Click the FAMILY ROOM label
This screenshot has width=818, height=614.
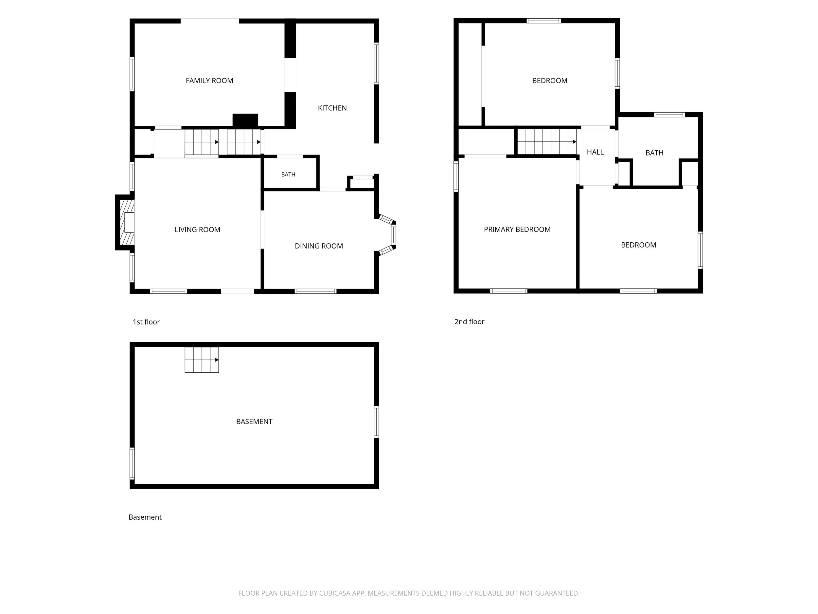tap(209, 81)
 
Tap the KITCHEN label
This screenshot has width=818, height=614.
tap(332, 108)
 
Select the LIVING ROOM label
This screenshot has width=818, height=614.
tap(198, 230)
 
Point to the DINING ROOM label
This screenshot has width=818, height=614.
tap(319, 246)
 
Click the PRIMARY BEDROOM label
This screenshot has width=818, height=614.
tap(517, 230)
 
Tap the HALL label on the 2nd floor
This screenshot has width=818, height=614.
tap(595, 152)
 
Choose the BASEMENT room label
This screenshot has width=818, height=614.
tap(254, 421)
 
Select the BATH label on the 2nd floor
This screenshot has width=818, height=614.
tap(654, 153)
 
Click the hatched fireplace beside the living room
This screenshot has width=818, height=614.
tap(127, 222)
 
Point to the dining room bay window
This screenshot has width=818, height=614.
tap(389, 235)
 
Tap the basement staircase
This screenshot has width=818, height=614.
tap(202, 360)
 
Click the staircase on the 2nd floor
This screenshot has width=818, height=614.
tap(546, 141)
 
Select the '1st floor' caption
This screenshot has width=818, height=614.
tap(146, 322)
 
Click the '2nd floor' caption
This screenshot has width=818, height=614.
tap(469, 322)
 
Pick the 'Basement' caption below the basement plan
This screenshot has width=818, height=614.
tap(145, 517)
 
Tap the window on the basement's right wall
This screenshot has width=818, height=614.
tap(377, 422)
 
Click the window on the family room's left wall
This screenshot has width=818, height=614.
tap(132, 74)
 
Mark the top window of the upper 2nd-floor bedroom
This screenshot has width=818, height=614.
tap(544, 21)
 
